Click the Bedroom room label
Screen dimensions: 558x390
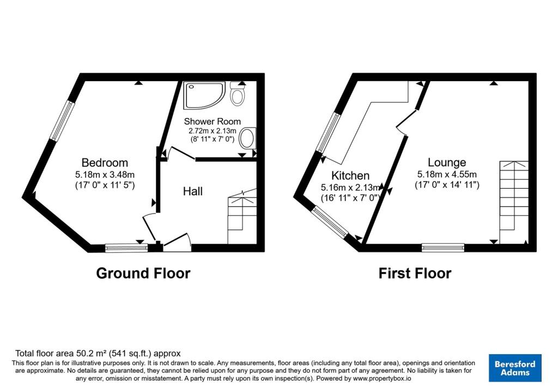tap(105, 163)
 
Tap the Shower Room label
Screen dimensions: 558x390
tap(212, 121)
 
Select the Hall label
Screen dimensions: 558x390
tap(193, 191)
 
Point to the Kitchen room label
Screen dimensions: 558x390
tap(350, 176)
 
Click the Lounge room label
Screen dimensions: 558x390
tap(447, 163)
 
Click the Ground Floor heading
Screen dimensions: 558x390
tap(143, 274)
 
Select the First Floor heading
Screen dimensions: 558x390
tap(415, 274)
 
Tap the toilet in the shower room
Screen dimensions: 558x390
tap(237, 93)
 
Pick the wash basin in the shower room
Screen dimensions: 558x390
tap(248, 139)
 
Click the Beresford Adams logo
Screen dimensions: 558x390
tap(515, 368)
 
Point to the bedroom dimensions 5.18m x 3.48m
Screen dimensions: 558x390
tap(105, 175)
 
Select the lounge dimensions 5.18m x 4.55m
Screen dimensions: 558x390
tap(447, 175)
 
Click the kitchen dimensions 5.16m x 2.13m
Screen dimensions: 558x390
tap(350, 187)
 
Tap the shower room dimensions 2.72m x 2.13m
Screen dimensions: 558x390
tap(212, 131)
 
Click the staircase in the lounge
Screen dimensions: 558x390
tap(514, 202)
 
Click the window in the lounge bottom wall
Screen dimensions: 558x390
tap(443, 247)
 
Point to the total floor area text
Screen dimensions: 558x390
tap(98, 354)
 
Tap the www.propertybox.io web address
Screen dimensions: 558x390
tap(382, 379)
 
